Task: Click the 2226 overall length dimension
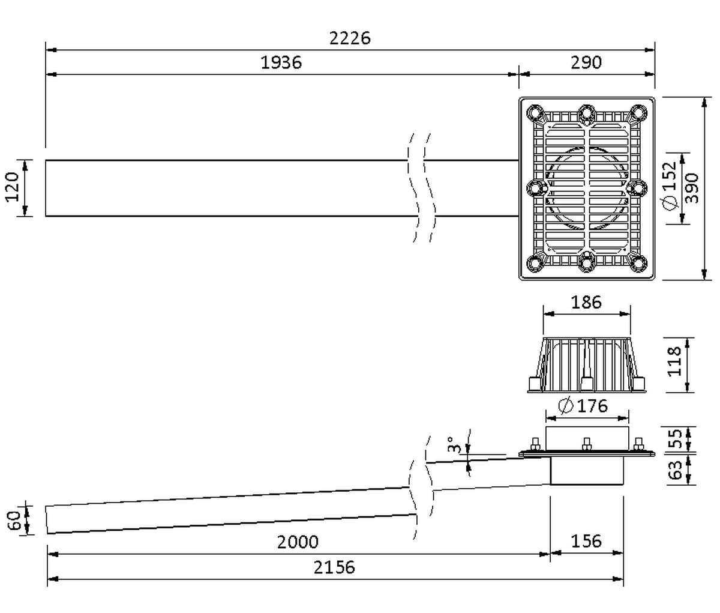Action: click(x=350, y=38)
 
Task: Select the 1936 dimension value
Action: click(x=281, y=62)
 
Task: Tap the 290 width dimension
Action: click(x=586, y=62)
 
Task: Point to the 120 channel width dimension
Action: click(x=12, y=187)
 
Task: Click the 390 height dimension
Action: click(x=692, y=188)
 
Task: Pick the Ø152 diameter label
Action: click(x=669, y=186)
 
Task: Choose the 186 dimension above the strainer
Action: click(x=586, y=302)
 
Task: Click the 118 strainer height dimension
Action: click(x=674, y=361)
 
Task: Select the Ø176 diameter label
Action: click(x=583, y=406)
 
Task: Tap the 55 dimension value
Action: click(x=675, y=439)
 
